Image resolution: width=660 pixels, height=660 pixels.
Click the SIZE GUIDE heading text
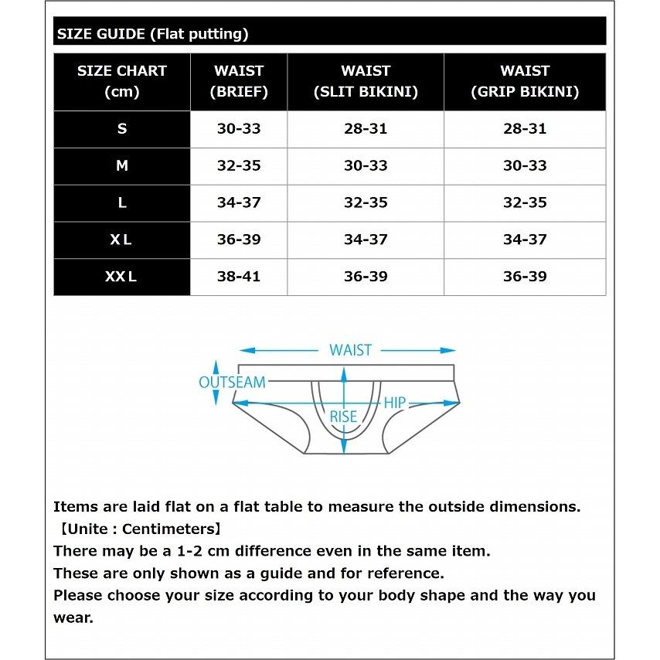tap(152, 34)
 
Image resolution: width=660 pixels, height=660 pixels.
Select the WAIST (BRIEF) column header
tap(239, 81)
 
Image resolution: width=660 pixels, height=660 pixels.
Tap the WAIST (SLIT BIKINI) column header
tap(366, 81)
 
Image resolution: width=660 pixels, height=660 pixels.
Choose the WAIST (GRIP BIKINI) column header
tap(525, 81)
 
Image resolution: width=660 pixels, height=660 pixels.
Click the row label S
tap(122, 129)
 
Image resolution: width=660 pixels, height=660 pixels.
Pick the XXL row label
tap(121, 277)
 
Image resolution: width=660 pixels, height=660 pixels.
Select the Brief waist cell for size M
tap(239, 165)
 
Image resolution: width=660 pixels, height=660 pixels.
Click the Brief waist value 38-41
tap(239, 277)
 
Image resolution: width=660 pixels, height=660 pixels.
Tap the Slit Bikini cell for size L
tap(366, 202)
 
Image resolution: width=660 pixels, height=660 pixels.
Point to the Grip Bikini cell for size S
tap(525, 129)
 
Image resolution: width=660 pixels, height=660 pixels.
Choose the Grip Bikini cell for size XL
tap(525, 240)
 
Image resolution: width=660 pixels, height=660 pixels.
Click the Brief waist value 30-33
tap(239, 129)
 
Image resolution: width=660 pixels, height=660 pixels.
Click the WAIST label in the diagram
tap(350, 350)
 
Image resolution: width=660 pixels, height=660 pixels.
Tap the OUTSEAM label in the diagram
tap(232, 382)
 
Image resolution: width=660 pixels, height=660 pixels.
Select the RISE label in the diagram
tap(343, 417)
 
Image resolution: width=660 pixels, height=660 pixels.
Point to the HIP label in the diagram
tap(395, 403)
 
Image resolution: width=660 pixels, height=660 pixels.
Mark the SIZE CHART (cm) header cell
tap(122, 81)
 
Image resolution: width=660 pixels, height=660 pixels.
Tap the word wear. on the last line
tap(73, 618)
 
